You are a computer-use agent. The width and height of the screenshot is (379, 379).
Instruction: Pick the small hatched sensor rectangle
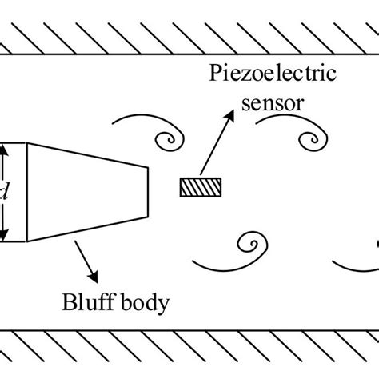pos(200,186)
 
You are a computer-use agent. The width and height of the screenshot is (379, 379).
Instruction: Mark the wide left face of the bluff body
pos(27,192)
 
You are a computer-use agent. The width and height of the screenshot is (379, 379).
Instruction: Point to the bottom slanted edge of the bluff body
pos(88,229)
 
